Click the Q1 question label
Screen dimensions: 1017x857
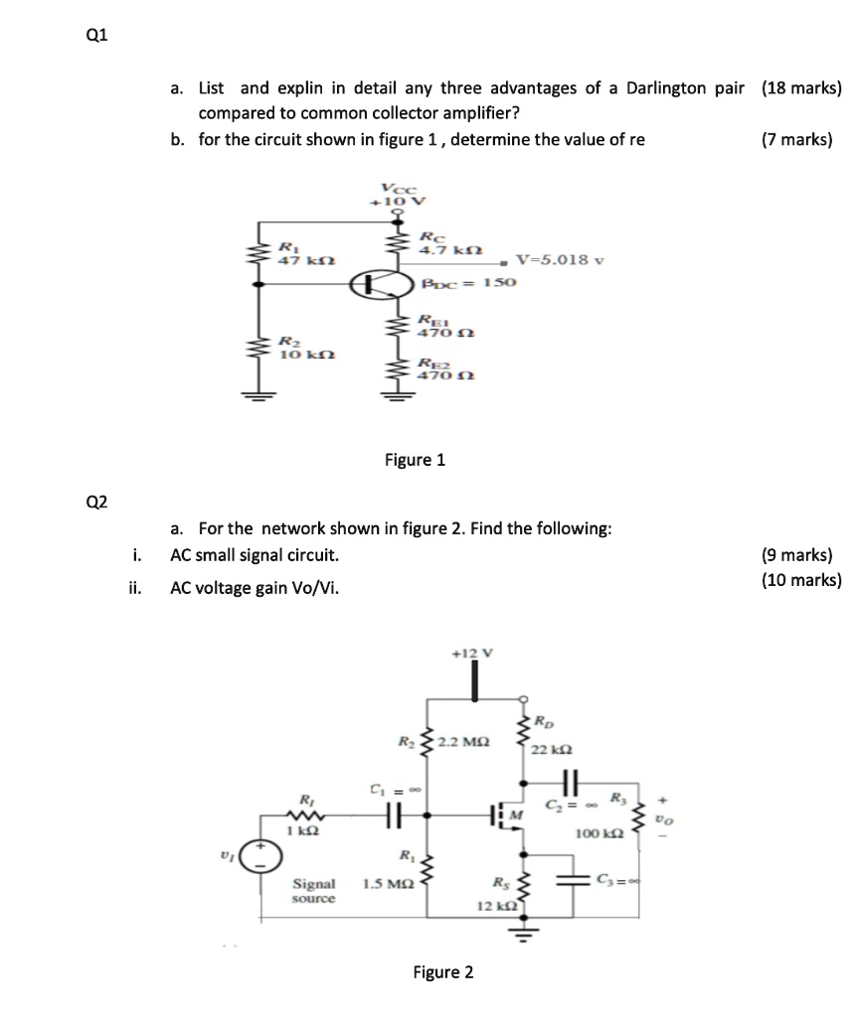coord(96,36)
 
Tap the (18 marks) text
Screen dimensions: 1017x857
coord(801,88)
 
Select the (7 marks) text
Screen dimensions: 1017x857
coord(796,139)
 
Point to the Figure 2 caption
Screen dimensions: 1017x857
coord(443,972)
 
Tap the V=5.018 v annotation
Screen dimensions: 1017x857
coord(560,260)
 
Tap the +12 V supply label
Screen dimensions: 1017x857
coord(465,653)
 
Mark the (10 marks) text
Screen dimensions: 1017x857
coord(801,580)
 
